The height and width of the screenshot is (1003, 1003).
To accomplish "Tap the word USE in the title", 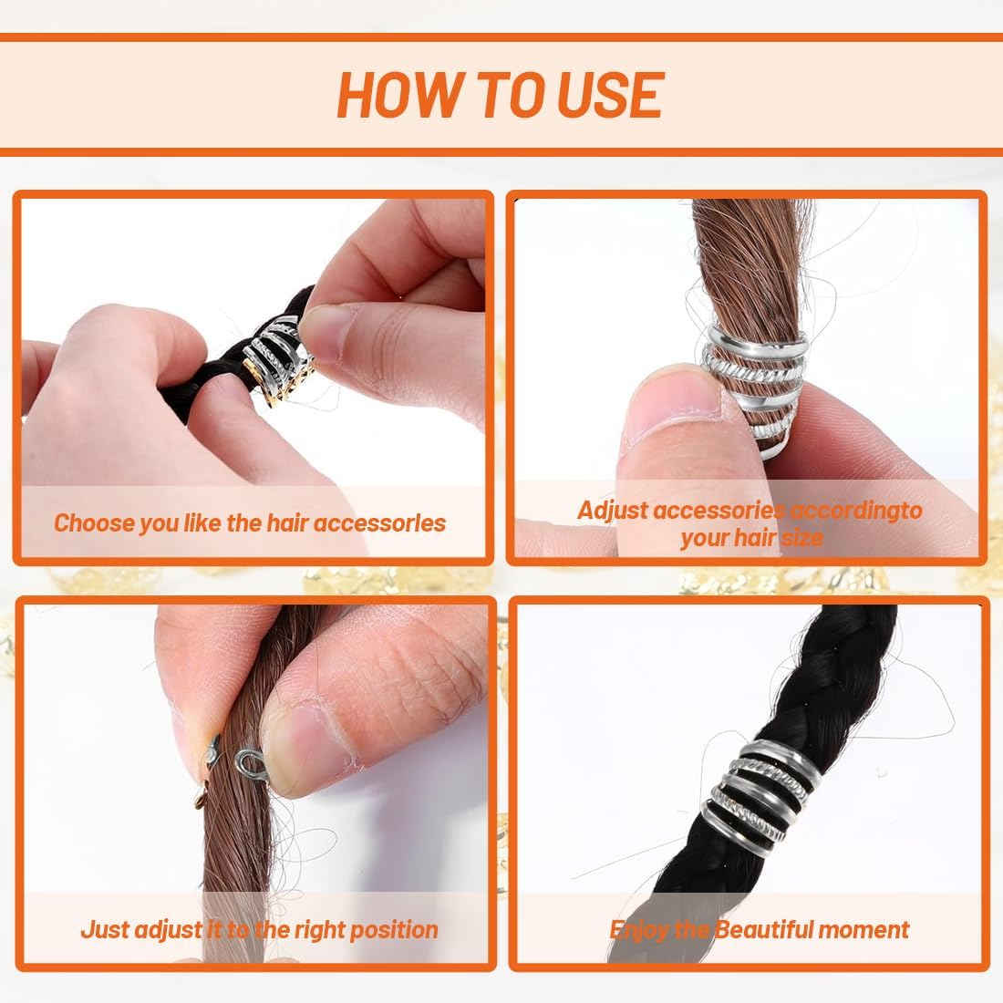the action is pos(610,95).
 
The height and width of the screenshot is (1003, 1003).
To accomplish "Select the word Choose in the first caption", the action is pos(93,523).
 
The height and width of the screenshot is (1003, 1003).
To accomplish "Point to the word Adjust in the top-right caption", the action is pos(612,511).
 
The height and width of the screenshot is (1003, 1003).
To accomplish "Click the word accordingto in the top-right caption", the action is pos(856,510).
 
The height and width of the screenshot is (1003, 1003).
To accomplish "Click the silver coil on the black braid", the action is pos(758,791).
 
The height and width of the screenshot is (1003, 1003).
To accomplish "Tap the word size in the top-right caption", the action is pos(801,537).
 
